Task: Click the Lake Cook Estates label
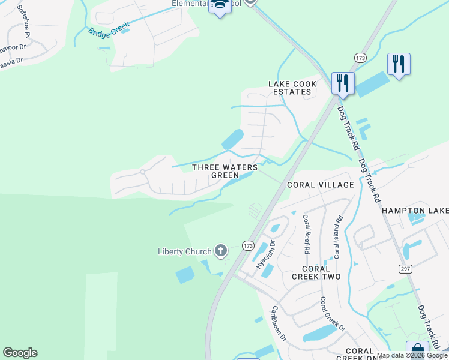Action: (x=292, y=88)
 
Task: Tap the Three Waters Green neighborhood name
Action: (x=224, y=171)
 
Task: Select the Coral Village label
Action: (x=320, y=185)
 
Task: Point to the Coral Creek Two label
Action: (x=316, y=272)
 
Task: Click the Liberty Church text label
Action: (x=184, y=251)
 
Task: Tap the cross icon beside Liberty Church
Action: (x=221, y=250)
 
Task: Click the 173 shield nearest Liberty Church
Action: (x=248, y=245)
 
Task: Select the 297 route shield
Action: (x=403, y=269)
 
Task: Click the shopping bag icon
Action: (x=417, y=350)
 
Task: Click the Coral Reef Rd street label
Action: (x=306, y=233)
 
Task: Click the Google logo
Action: (x=20, y=353)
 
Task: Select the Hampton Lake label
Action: (x=415, y=211)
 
